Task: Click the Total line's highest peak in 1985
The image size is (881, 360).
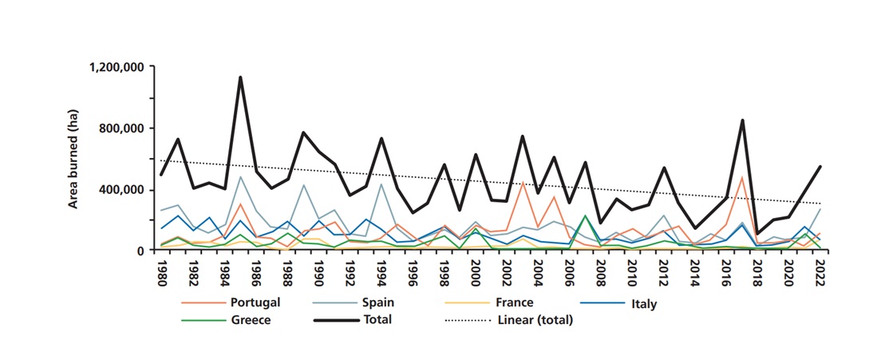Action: pyautogui.click(x=240, y=77)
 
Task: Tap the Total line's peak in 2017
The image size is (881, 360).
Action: pyautogui.click(x=742, y=121)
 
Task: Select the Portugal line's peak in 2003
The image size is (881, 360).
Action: pyautogui.click(x=522, y=182)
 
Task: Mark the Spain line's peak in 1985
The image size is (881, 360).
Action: pyautogui.click(x=240, y=176)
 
